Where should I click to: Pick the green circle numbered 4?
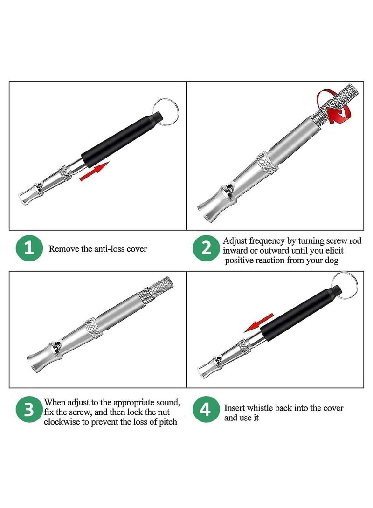[x=206, y=410]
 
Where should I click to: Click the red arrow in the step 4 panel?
[x=259, y=323]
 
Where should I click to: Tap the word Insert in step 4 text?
[x=235, y=408]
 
